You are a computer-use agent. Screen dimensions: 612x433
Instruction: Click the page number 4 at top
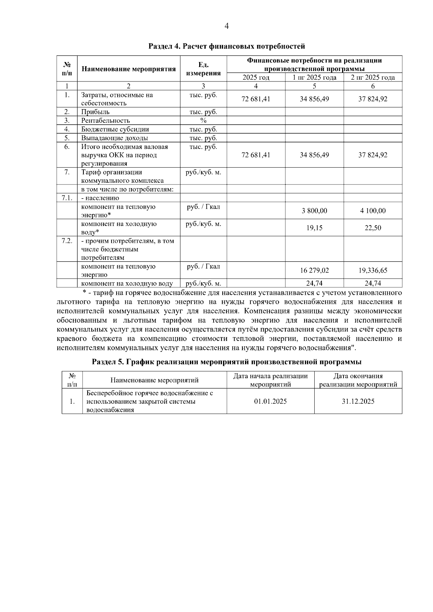tap(227, 26)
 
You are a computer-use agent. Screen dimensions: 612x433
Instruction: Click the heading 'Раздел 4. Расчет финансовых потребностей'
tap(227, 46)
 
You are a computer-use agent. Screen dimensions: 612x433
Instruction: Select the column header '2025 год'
tap(256, 77)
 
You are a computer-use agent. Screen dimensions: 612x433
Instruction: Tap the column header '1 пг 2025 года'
tap(314, 77)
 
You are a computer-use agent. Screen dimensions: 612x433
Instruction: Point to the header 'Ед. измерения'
tap(203, 69)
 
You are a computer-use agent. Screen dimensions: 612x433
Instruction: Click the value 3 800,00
tap(314, 211)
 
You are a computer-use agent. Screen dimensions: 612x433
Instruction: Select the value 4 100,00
tap(373, 211)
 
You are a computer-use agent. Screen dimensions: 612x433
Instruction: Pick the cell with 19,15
tap(314, 228)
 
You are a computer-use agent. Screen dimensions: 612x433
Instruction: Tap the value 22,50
tap(373, 228)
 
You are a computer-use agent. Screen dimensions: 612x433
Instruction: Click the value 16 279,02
tap(314, 270)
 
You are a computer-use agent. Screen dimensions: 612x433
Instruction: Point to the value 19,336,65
tap(373, 270)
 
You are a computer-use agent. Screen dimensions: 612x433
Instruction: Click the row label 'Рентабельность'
tap(105, 121)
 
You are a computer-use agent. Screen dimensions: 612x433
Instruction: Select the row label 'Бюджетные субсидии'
tap(115, 129)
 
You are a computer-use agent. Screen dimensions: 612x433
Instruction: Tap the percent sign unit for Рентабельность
tap(203, 121)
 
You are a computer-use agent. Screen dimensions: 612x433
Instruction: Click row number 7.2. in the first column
tap(67, 241)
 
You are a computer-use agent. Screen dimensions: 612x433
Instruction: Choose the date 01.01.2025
tap(270, 401)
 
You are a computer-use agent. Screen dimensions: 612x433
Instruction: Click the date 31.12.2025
tap(358, 401)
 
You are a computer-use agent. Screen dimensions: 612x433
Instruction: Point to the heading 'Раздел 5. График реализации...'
tap(227, 362)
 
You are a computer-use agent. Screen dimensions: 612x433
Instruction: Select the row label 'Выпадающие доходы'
tap(114, 138)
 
